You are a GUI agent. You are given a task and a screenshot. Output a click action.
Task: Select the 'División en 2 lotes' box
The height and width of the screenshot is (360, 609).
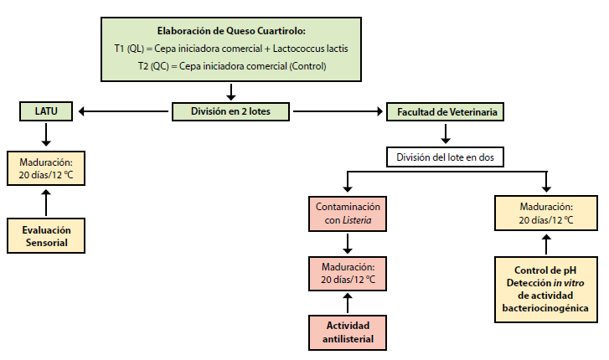coord(230,110)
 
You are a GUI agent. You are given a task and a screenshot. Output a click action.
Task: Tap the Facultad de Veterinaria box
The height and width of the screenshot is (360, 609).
coord(445,110)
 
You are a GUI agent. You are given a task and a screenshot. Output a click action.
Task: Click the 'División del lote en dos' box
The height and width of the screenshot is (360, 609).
coord(445,156)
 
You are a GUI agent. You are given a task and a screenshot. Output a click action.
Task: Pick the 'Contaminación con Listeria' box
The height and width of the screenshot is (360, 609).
coord(348,213)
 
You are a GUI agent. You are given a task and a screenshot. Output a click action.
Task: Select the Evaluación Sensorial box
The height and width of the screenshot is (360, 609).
coord(47,235)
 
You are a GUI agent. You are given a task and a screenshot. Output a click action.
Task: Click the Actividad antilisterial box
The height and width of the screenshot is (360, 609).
coord(348,331)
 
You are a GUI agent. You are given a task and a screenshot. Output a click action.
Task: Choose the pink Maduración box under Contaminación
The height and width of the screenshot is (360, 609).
coord(348,272)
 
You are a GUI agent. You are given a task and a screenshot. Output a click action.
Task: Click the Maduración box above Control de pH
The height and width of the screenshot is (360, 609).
coord(545,213)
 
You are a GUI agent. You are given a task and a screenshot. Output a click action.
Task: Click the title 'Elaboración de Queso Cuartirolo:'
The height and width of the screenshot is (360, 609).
coord(230,30)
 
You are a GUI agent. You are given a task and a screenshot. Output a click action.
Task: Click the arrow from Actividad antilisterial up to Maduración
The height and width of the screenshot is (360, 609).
coord(348,301)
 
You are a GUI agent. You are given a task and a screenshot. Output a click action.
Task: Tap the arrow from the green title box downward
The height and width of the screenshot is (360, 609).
coord(230,90)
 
